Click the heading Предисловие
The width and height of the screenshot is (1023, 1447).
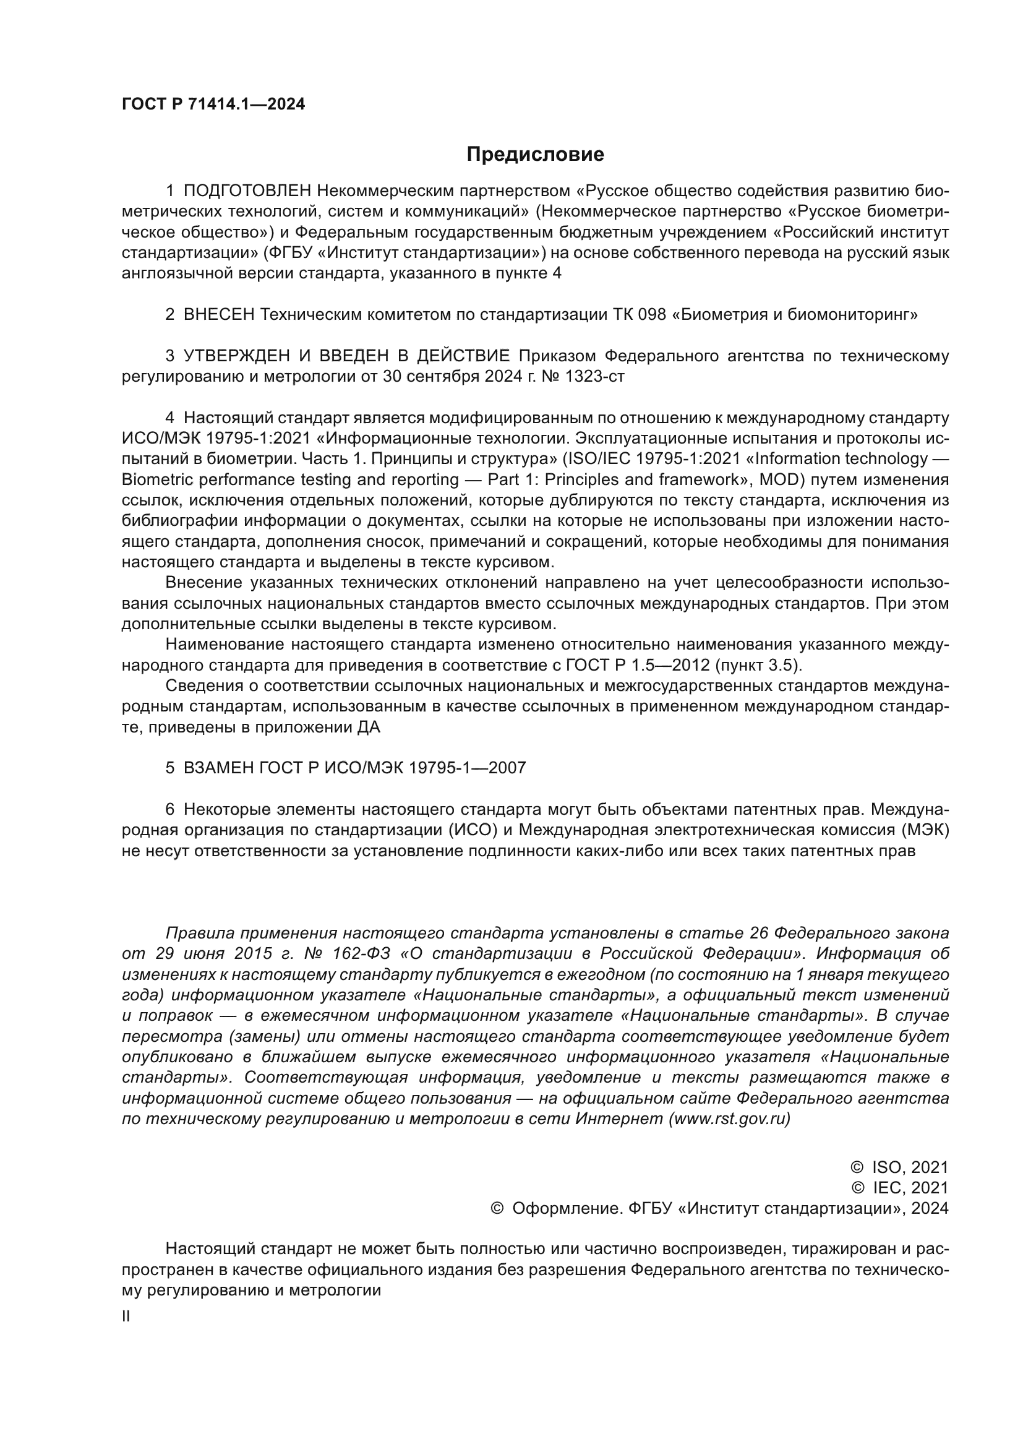[535, 155]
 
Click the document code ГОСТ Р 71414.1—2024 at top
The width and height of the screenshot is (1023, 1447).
[213, 105]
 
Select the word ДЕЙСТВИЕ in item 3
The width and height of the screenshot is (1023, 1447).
[463, 356]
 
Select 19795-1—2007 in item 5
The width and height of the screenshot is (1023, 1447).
[467, 768]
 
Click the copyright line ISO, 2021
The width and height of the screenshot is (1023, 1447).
[910, 1168]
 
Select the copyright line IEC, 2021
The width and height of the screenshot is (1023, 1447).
[910, 1188]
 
